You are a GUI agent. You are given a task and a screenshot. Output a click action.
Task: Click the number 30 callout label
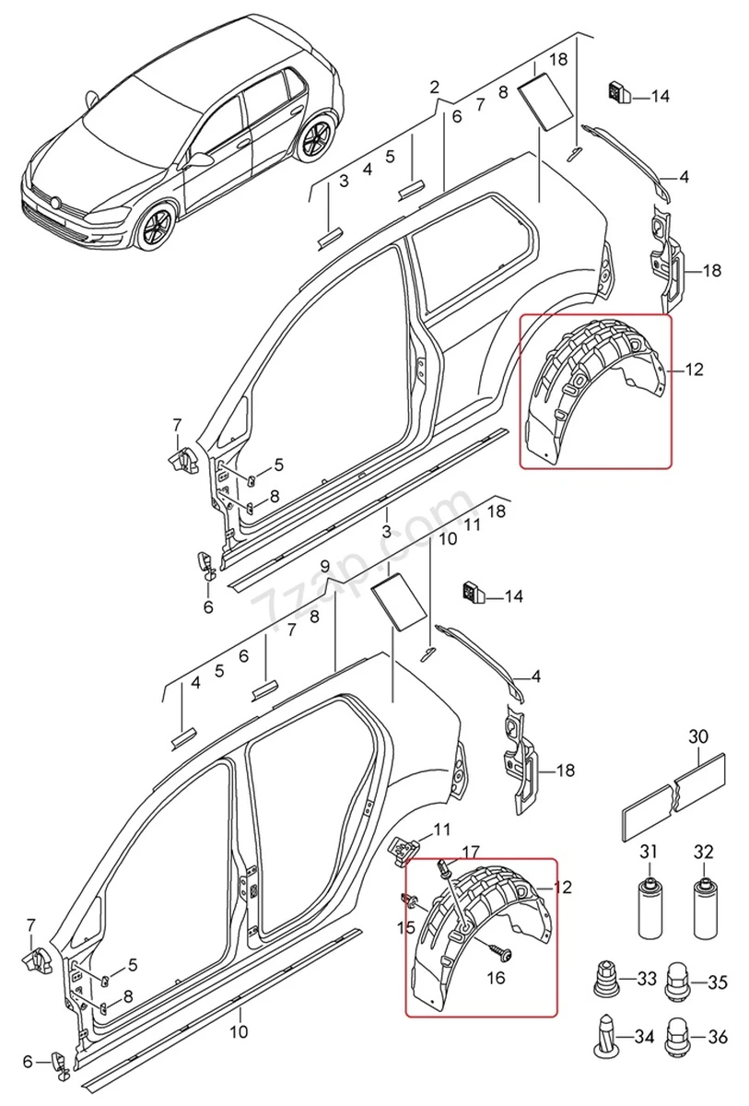698,736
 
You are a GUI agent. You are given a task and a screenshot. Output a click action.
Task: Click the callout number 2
434,88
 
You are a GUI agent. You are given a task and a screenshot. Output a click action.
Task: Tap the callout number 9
324,565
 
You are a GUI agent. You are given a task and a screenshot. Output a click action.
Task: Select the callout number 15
406,927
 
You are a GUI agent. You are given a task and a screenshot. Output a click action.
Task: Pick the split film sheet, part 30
673,794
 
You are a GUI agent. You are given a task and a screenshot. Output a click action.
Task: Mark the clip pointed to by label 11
404,847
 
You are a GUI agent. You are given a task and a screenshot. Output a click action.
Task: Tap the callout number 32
704,851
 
